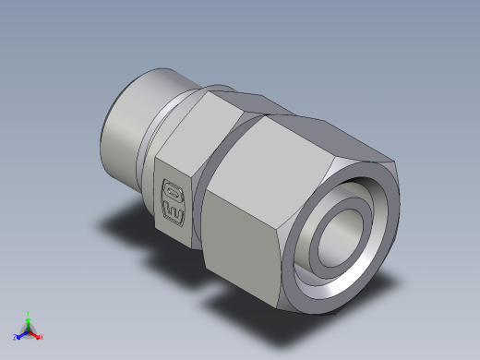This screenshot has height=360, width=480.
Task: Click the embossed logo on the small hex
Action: (x=173, y=202)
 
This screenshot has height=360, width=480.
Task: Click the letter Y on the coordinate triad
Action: (x=29, y=313)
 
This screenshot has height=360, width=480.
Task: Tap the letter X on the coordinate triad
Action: (x=42, y=337)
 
